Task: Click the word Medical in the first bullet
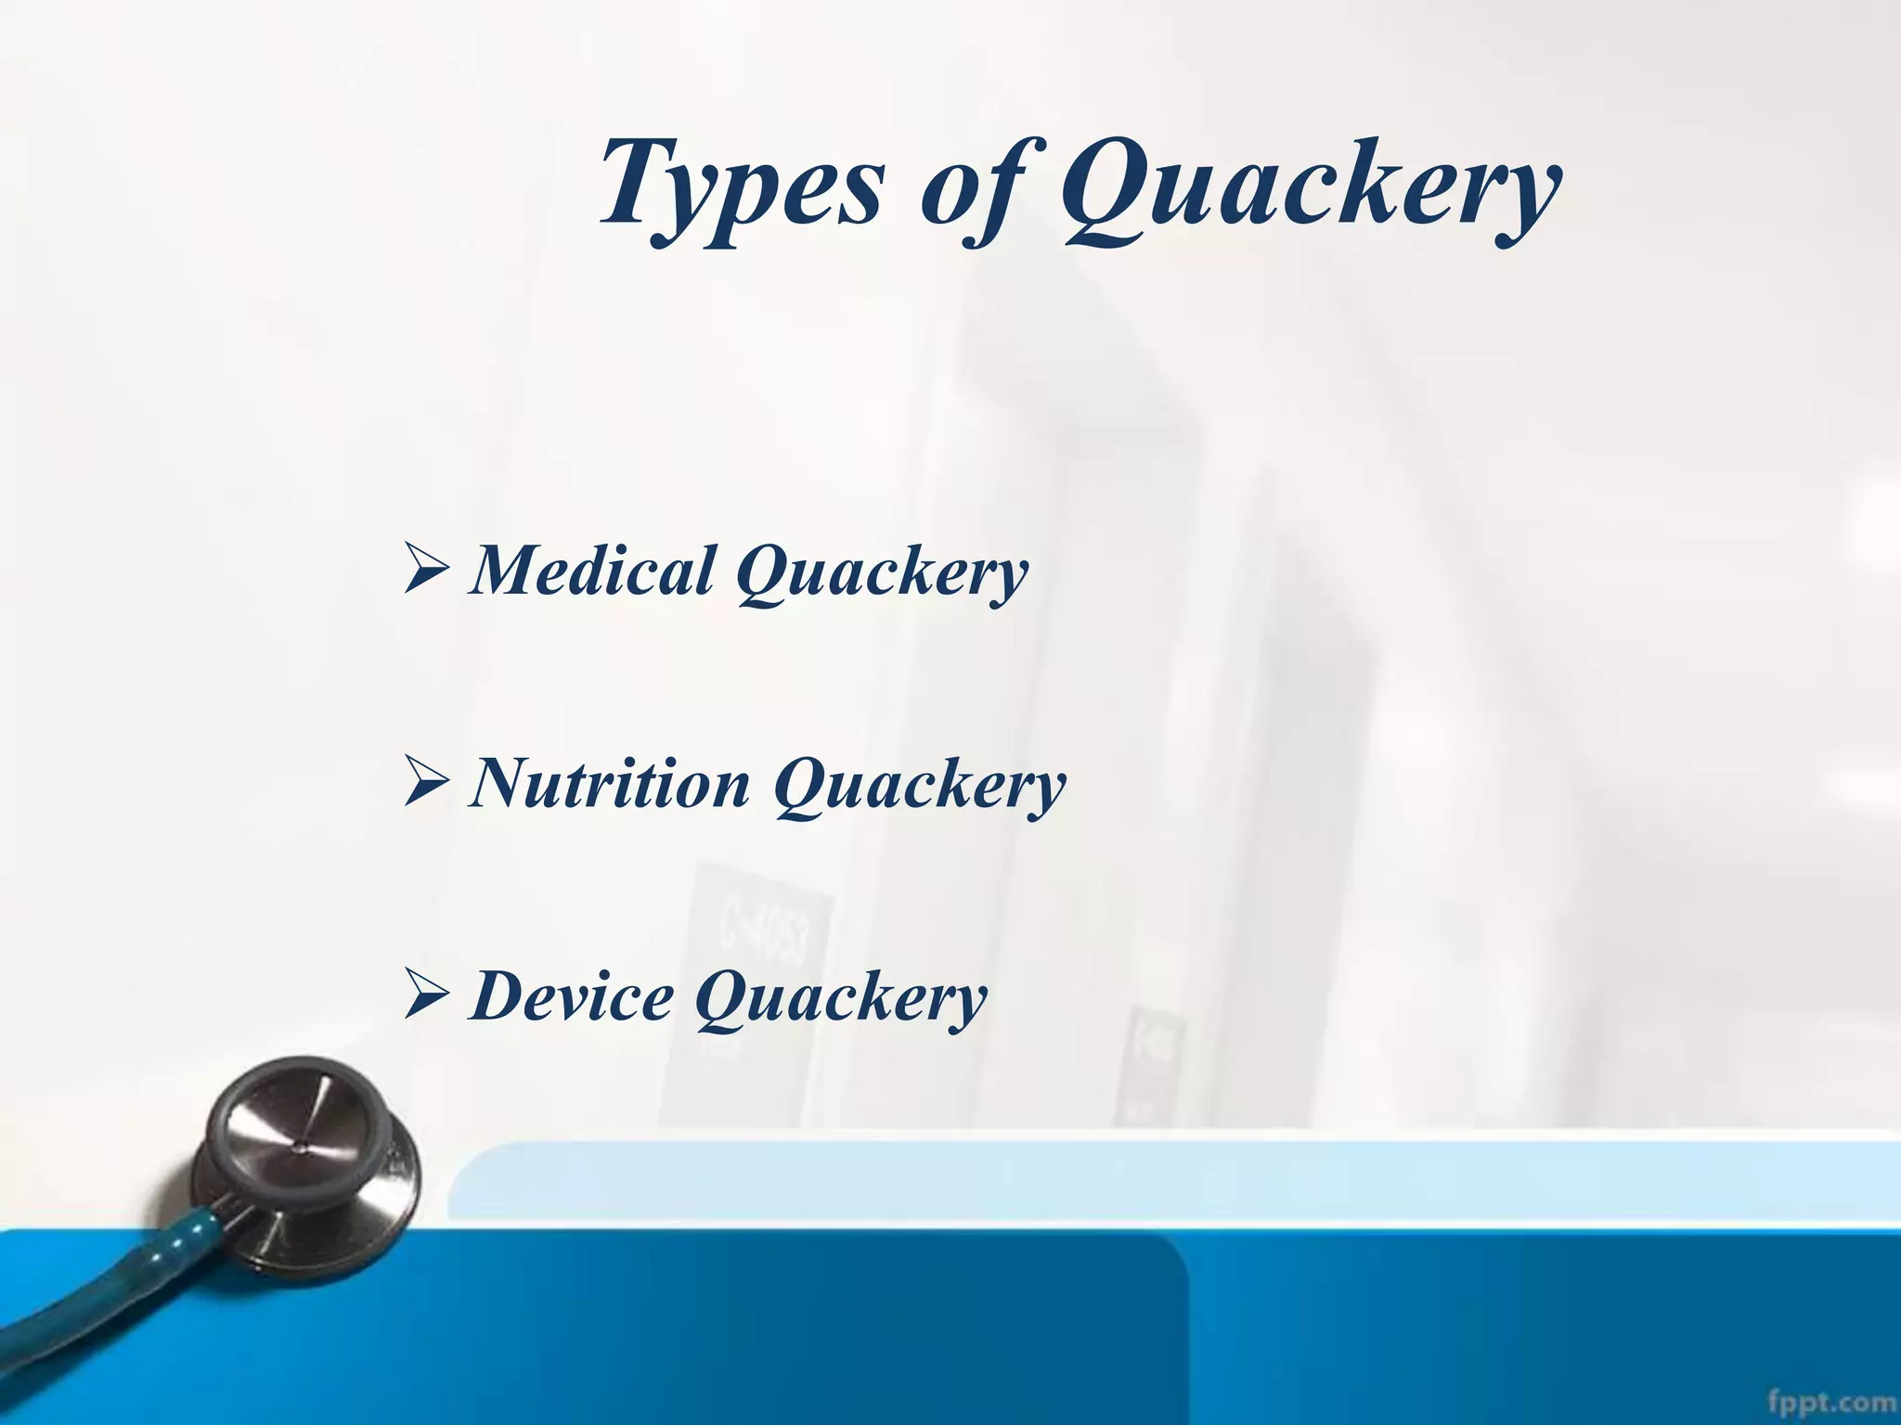pos(594,570)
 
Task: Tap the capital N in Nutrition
pos(506,782)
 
